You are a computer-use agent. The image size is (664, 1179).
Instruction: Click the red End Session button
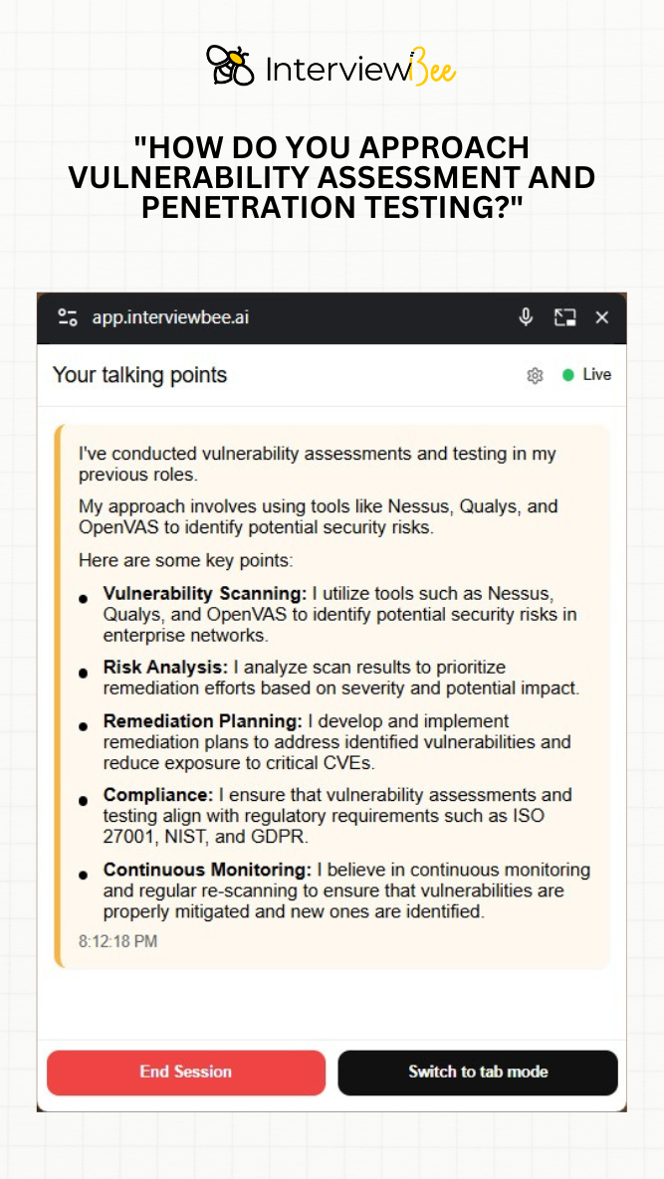tap(186, 1073)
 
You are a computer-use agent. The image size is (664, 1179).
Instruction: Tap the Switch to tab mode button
tap(478, 1073)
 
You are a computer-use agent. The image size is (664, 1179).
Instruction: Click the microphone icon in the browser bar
tap(526, 317)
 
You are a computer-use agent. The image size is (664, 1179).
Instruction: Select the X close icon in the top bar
tap(601, 317)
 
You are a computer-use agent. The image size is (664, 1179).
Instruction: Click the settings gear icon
tap(535, 375)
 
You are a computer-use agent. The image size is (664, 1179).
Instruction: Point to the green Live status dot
tap(568, 375)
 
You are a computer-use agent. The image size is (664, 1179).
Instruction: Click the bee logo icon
tap(230, 66)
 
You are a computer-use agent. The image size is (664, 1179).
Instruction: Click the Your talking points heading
tap(139, 375)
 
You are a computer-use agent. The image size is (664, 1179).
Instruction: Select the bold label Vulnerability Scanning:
tap(205, 594)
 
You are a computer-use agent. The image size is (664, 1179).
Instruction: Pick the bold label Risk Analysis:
tap(165, 667)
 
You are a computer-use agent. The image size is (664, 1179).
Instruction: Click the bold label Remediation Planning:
tap(202, 720)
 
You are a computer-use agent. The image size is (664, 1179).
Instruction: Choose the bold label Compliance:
tap(158, 794)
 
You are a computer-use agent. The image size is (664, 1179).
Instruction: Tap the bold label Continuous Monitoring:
tap(207, 870)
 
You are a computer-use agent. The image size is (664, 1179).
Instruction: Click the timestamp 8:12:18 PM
tap(118, 941)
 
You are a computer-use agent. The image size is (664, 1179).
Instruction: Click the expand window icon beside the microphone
tap(564, 317)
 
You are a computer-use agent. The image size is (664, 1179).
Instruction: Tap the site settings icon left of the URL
tap(68, 317)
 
